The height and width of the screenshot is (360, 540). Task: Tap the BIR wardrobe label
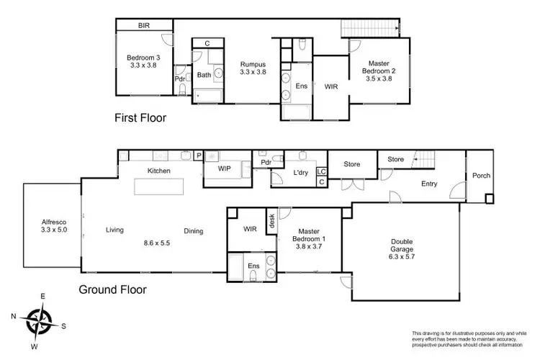144,26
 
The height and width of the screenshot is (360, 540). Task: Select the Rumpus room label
253,68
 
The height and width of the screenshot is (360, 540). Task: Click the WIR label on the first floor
331,86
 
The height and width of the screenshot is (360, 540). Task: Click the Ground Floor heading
114,290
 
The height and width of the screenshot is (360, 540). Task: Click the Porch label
480,176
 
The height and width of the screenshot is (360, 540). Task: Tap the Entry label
429,184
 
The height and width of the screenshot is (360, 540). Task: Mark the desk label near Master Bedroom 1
271,220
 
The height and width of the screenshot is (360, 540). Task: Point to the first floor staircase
371,27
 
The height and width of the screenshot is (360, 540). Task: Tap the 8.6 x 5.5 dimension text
156,243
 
